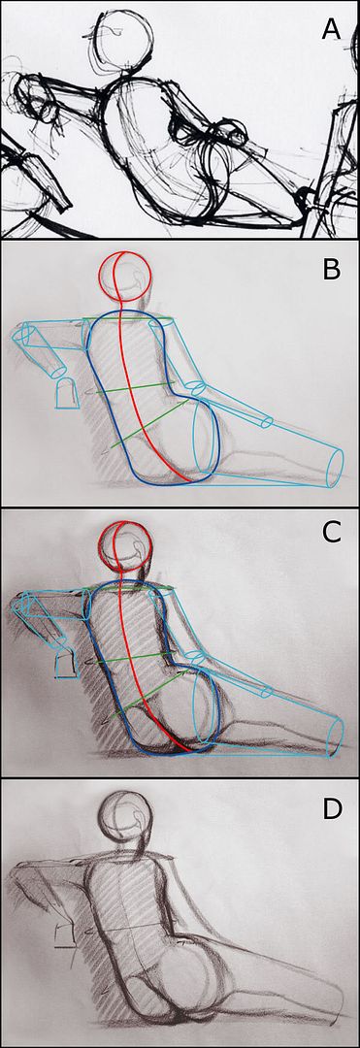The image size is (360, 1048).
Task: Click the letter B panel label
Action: pos(332,271)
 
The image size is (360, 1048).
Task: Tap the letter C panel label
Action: pos(332,532)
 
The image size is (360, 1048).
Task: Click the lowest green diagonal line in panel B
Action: pos(144,426)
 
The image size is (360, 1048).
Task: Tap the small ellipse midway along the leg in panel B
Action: pos(267,422)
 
